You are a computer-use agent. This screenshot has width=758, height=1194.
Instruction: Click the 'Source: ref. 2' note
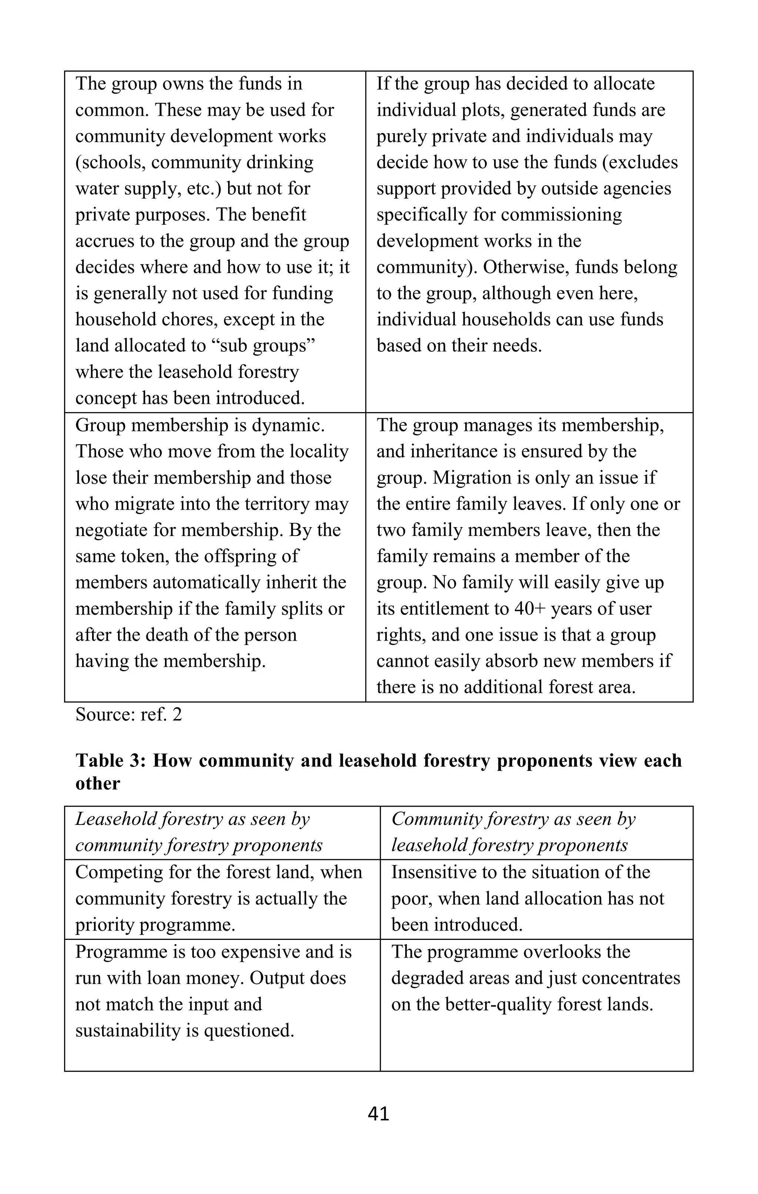click(128, 715)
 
